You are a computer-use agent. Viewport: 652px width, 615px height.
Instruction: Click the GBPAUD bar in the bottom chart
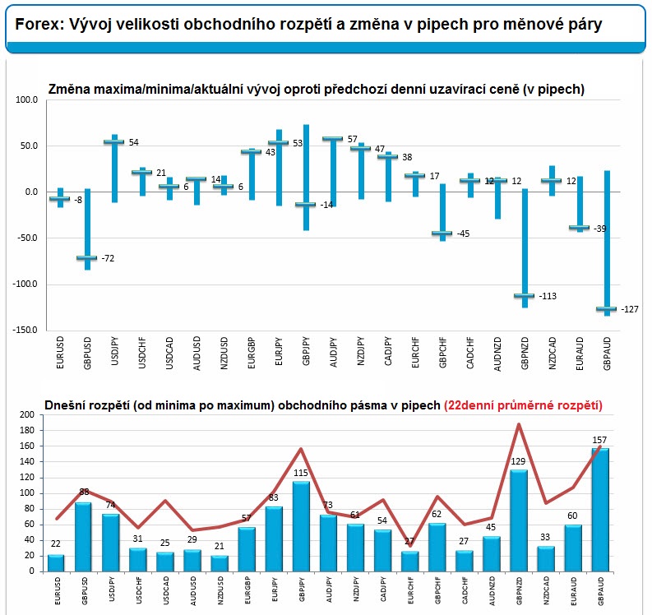click(x=600, y=510)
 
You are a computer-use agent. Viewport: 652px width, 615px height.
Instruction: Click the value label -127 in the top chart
click(x=631, y=309)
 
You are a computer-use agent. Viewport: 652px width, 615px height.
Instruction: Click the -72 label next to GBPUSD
click(x=108, y=258)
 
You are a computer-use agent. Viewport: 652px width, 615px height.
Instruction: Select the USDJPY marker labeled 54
click(x=113, y=142)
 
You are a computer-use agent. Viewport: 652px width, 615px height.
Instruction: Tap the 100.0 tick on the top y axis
click(x=28, y=100)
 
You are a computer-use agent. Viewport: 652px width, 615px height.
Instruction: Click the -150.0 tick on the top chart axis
click(x=25, y=331)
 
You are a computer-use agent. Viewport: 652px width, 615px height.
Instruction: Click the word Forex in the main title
click(x=35, y=25)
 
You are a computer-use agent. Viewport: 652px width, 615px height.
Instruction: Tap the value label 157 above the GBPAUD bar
click(x=599, y=441)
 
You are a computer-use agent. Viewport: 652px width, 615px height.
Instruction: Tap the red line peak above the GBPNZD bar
click(x=519, y=424)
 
